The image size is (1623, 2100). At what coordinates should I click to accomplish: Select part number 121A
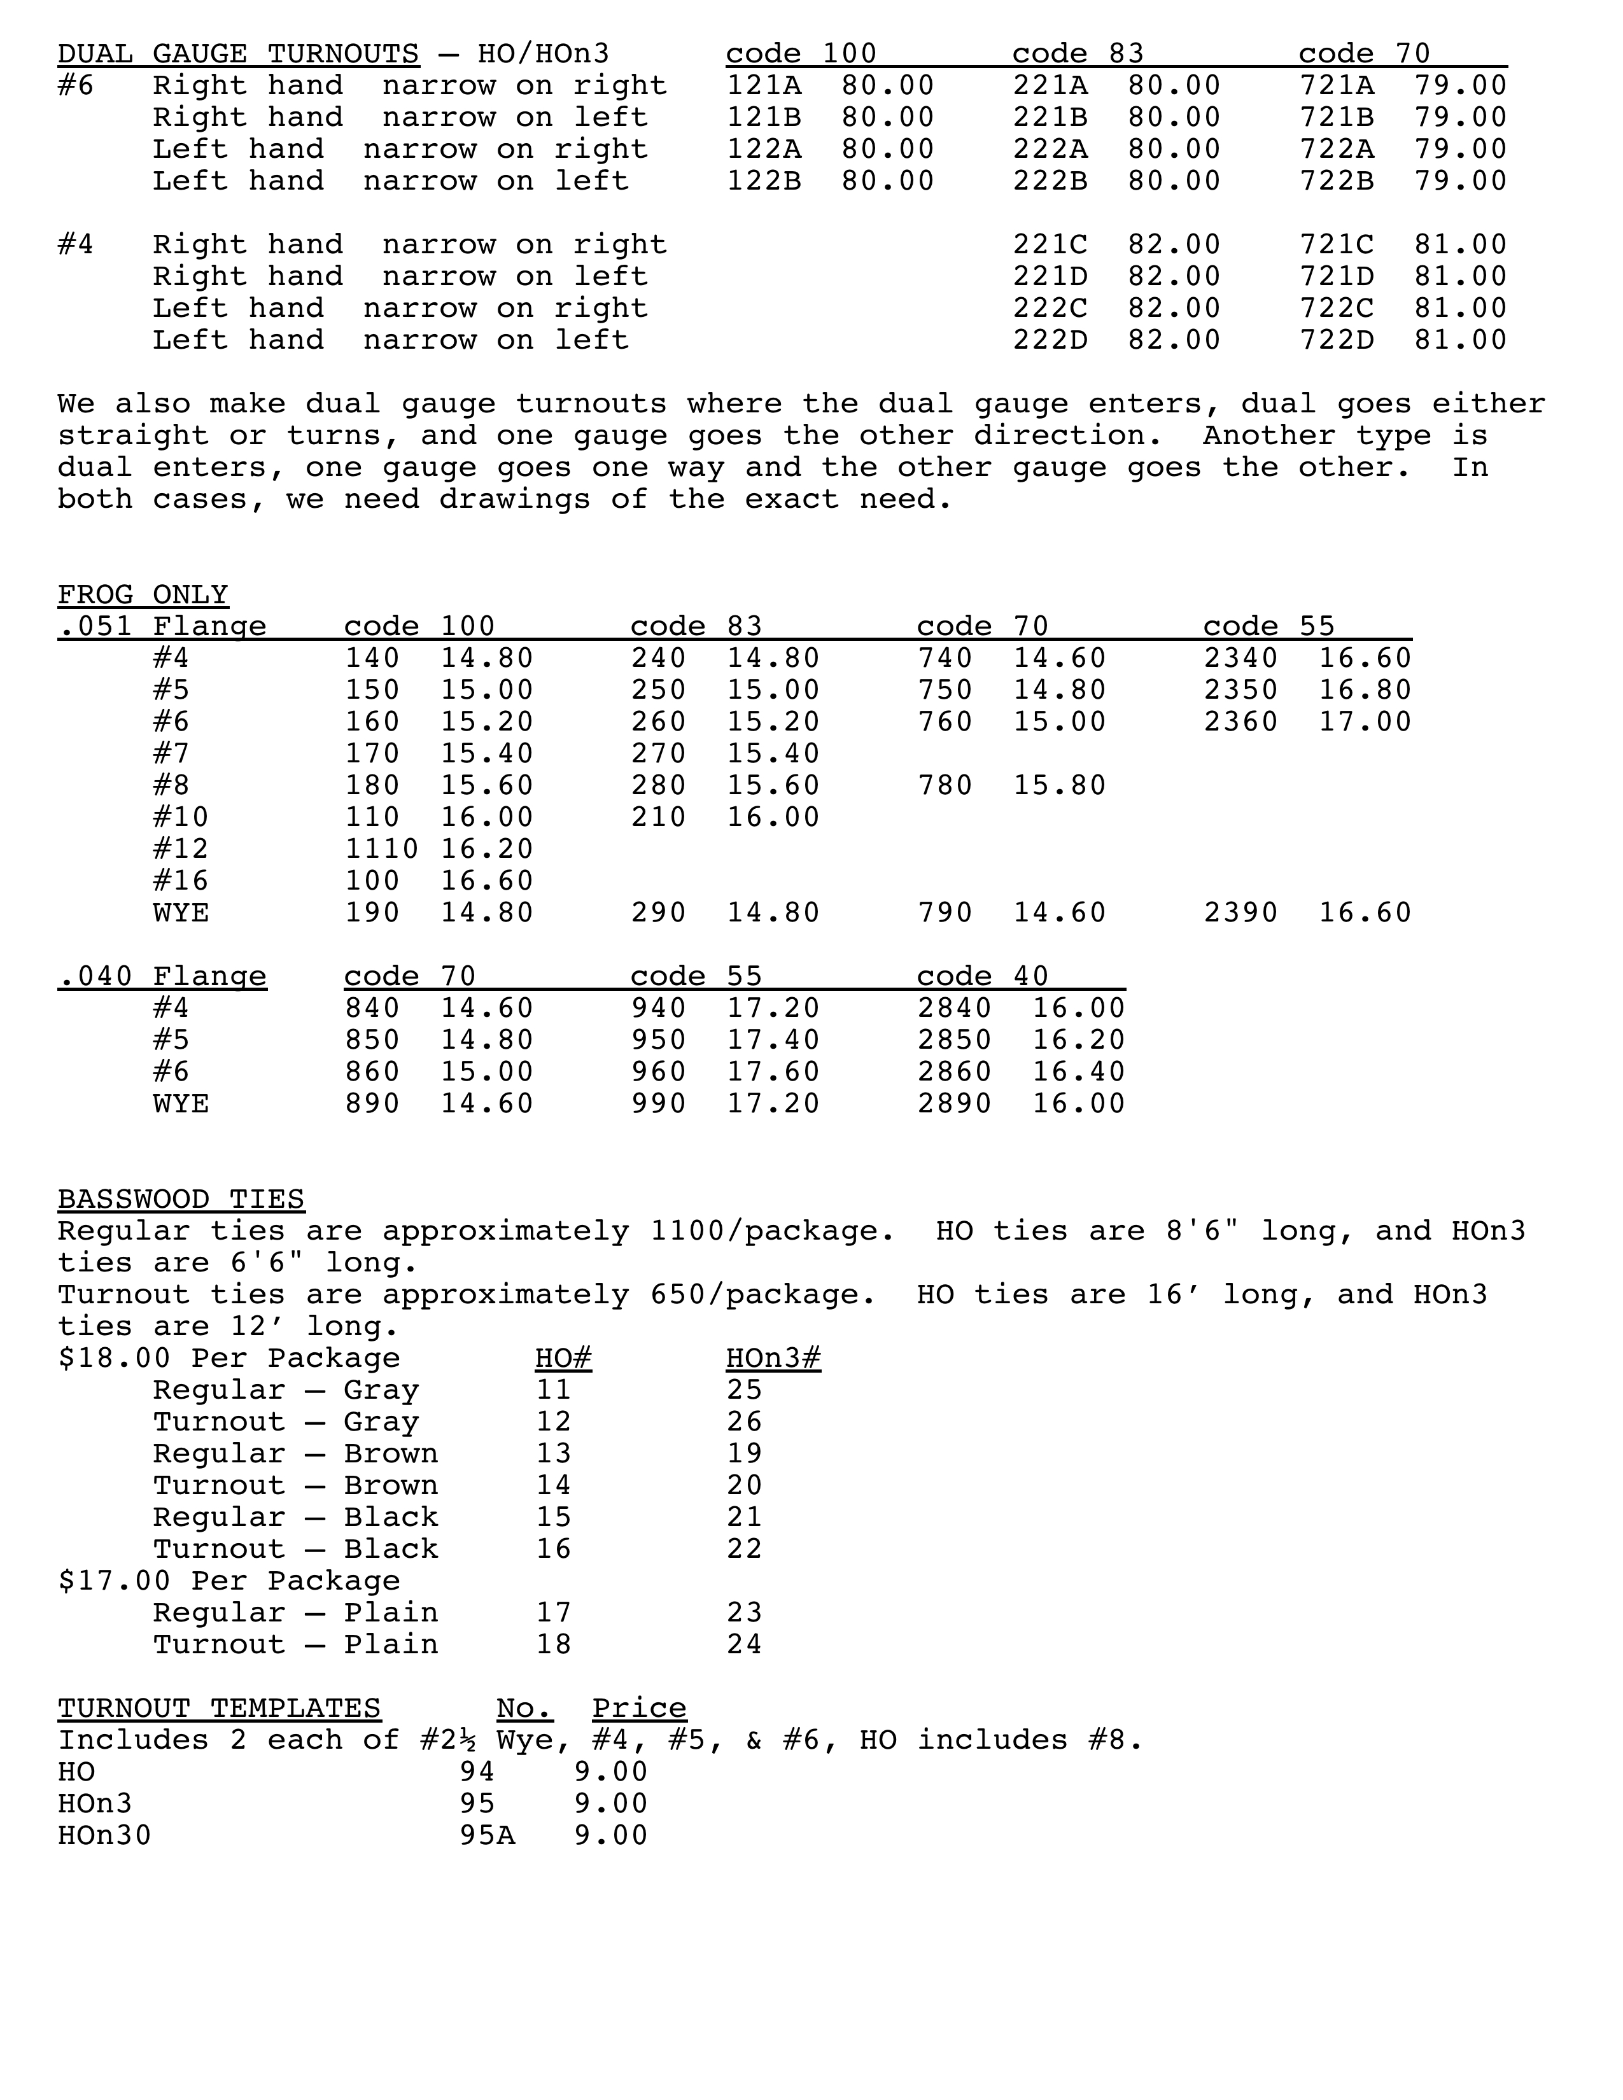[763, 85]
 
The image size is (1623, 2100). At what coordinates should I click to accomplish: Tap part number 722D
[1337, 340]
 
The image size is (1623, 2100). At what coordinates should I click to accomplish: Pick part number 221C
[1050, 245]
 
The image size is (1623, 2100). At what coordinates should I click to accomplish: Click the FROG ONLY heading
[143, 595]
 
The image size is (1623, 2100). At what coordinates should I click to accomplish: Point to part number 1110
[382, 849]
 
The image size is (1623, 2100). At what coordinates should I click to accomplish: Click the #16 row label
[181, 881]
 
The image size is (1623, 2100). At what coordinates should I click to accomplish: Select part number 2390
[1240, 913]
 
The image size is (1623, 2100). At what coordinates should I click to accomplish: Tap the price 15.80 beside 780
[1060, 785]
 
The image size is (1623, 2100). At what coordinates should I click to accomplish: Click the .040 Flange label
[162, 977]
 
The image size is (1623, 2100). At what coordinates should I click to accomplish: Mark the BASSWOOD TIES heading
[181, 1200]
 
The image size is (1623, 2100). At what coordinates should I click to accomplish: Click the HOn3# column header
[773, 1359]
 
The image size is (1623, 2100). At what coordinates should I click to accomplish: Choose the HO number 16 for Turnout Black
[554, 1549]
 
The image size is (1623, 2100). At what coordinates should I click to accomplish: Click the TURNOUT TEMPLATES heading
[219, 1709]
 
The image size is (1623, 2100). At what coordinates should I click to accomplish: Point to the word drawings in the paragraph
[514, 500]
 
